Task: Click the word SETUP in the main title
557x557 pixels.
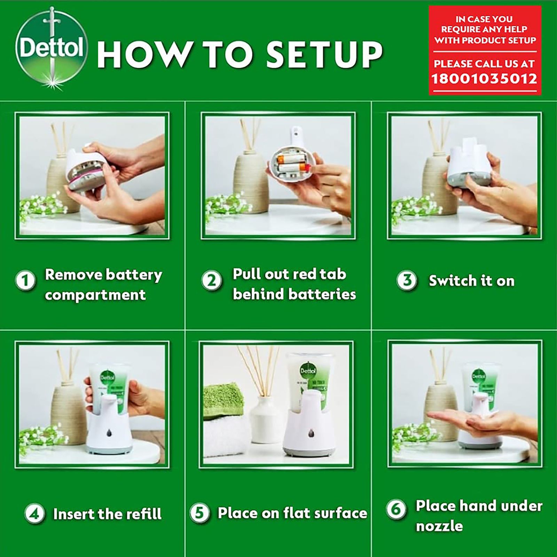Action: [324, 55]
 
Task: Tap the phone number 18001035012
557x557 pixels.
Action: [484, 79]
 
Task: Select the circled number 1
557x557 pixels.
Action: [25, 281]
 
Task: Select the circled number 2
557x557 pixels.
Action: [211, 281]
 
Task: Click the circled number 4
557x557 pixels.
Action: [34, 513]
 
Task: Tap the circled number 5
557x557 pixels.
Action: [199, 513]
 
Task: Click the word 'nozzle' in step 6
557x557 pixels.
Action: [439, 526]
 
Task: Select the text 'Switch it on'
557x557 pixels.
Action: [471, 281]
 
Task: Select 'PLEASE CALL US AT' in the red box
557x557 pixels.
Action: [484, 64]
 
